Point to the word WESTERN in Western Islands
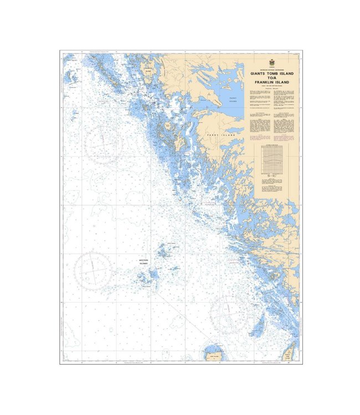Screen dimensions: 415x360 coord(145,260)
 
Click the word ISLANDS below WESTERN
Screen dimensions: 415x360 coord(145,264)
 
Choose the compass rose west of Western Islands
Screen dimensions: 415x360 coord(94,271)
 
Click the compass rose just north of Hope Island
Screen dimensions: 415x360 coord(228,314)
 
